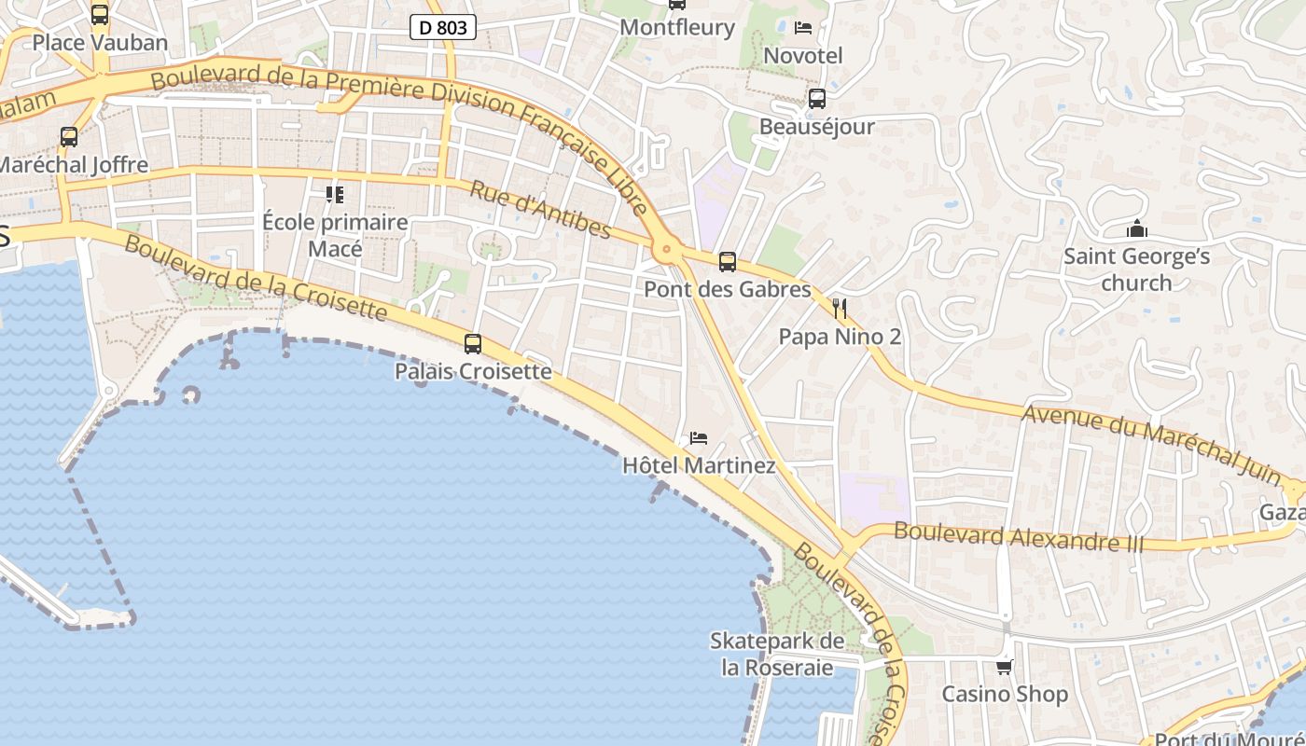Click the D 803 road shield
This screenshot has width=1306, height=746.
tap(443, 28)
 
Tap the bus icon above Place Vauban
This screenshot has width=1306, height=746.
tap(100, 15)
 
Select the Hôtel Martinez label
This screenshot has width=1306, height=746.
tap(699, 464)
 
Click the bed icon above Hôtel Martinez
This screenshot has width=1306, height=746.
tap(699, 437)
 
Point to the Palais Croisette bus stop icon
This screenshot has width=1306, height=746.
tap(473, 344)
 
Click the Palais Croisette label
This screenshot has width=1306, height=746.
tap(473, 371)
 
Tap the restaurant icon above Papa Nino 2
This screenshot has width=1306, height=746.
tap(840, 309)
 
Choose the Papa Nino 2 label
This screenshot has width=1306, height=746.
tap(840, 336)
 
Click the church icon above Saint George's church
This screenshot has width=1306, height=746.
tap(1137, 228)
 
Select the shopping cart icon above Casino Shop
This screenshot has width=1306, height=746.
tap(1005, 667)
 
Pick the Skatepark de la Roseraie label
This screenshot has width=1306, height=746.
tap(777, 654)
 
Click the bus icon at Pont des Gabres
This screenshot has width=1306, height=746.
tap(728, 262)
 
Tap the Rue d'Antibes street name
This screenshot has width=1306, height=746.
tap(540, 210)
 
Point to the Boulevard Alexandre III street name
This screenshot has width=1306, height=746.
tap(1019, 537)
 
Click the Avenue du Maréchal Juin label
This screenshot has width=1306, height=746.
tap(1151, 443)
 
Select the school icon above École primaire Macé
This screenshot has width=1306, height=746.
tap(334, 195)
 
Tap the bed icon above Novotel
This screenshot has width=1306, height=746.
tap(803, 28)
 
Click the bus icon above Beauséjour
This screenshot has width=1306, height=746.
tap(817, 98)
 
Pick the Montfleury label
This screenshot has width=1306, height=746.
tap(677, 27)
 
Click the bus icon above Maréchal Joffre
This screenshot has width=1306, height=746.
tap(69, 137)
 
